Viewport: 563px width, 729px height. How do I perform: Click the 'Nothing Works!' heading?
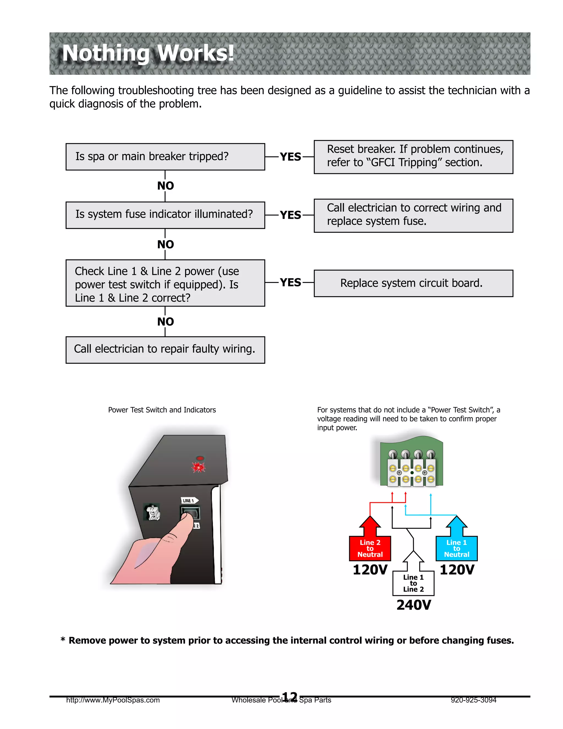pos(148,53)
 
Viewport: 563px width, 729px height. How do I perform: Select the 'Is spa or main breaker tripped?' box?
pos(165,157)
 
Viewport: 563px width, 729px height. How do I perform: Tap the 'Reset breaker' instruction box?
pos(413,157)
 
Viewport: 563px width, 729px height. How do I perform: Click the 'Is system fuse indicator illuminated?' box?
pos(165,215)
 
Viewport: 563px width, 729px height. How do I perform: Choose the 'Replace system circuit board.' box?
pos(413,283)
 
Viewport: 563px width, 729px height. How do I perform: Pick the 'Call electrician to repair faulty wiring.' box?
pos(165,349)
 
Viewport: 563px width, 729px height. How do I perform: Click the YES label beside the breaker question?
pos(290,157)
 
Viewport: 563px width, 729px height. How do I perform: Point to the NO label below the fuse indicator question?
pos(165,244)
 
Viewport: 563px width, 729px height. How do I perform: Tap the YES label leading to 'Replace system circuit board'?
pos(290,283)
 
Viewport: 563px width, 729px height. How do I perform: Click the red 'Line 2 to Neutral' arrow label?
pos(370,549)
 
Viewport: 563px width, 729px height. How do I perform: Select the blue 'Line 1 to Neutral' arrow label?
pos(456,549)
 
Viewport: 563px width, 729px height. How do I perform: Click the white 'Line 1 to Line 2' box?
pos(413,583)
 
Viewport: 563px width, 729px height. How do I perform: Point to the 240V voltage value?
pos(413,605)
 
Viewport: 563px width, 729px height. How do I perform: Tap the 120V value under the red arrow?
pos(370,569)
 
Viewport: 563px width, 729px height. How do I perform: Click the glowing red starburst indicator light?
pos(199,467)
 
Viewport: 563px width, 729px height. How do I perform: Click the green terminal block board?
pos(412,462)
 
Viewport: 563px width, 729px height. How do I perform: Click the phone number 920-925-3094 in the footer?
pos(473,700)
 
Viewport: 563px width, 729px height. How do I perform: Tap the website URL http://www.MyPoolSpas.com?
pos(113,700)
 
